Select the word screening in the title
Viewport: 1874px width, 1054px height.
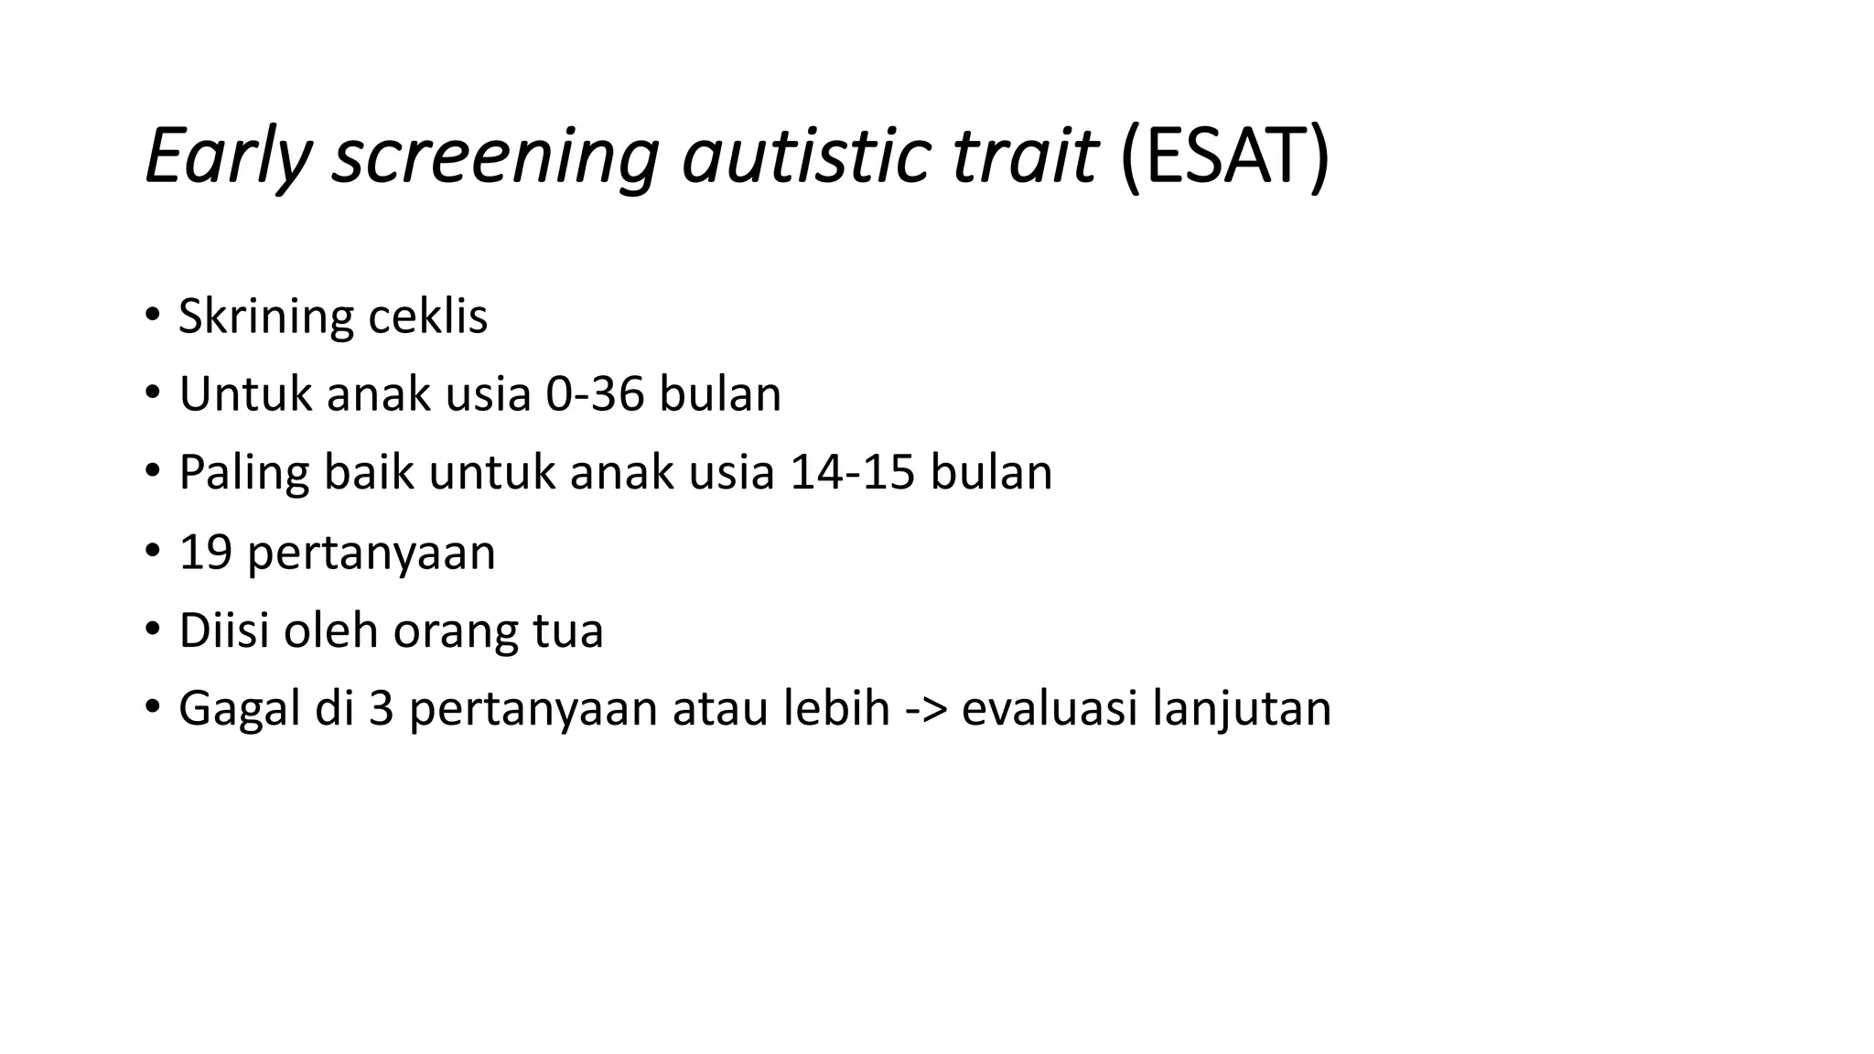pyautogui.click(x=495, y=156)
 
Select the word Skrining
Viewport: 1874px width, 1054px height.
pyautogui.click(x=265, y=317)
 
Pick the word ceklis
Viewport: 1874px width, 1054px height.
pyautogui.click(x=427, y=317)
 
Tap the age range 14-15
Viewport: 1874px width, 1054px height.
pyautogui.click(x=852, y=474)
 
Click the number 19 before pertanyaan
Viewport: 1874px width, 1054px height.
pyautogui.click(x=205, y=553)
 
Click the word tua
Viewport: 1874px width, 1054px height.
pyautogui.click(x=567, y=631)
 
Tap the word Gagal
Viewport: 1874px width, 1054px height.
pyautogui.click(x=240, y=710)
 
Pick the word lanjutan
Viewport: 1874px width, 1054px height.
pyautogui.click(x=1242, y=710)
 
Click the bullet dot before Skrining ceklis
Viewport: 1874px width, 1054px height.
pyautogui.click(x=152, y=317)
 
